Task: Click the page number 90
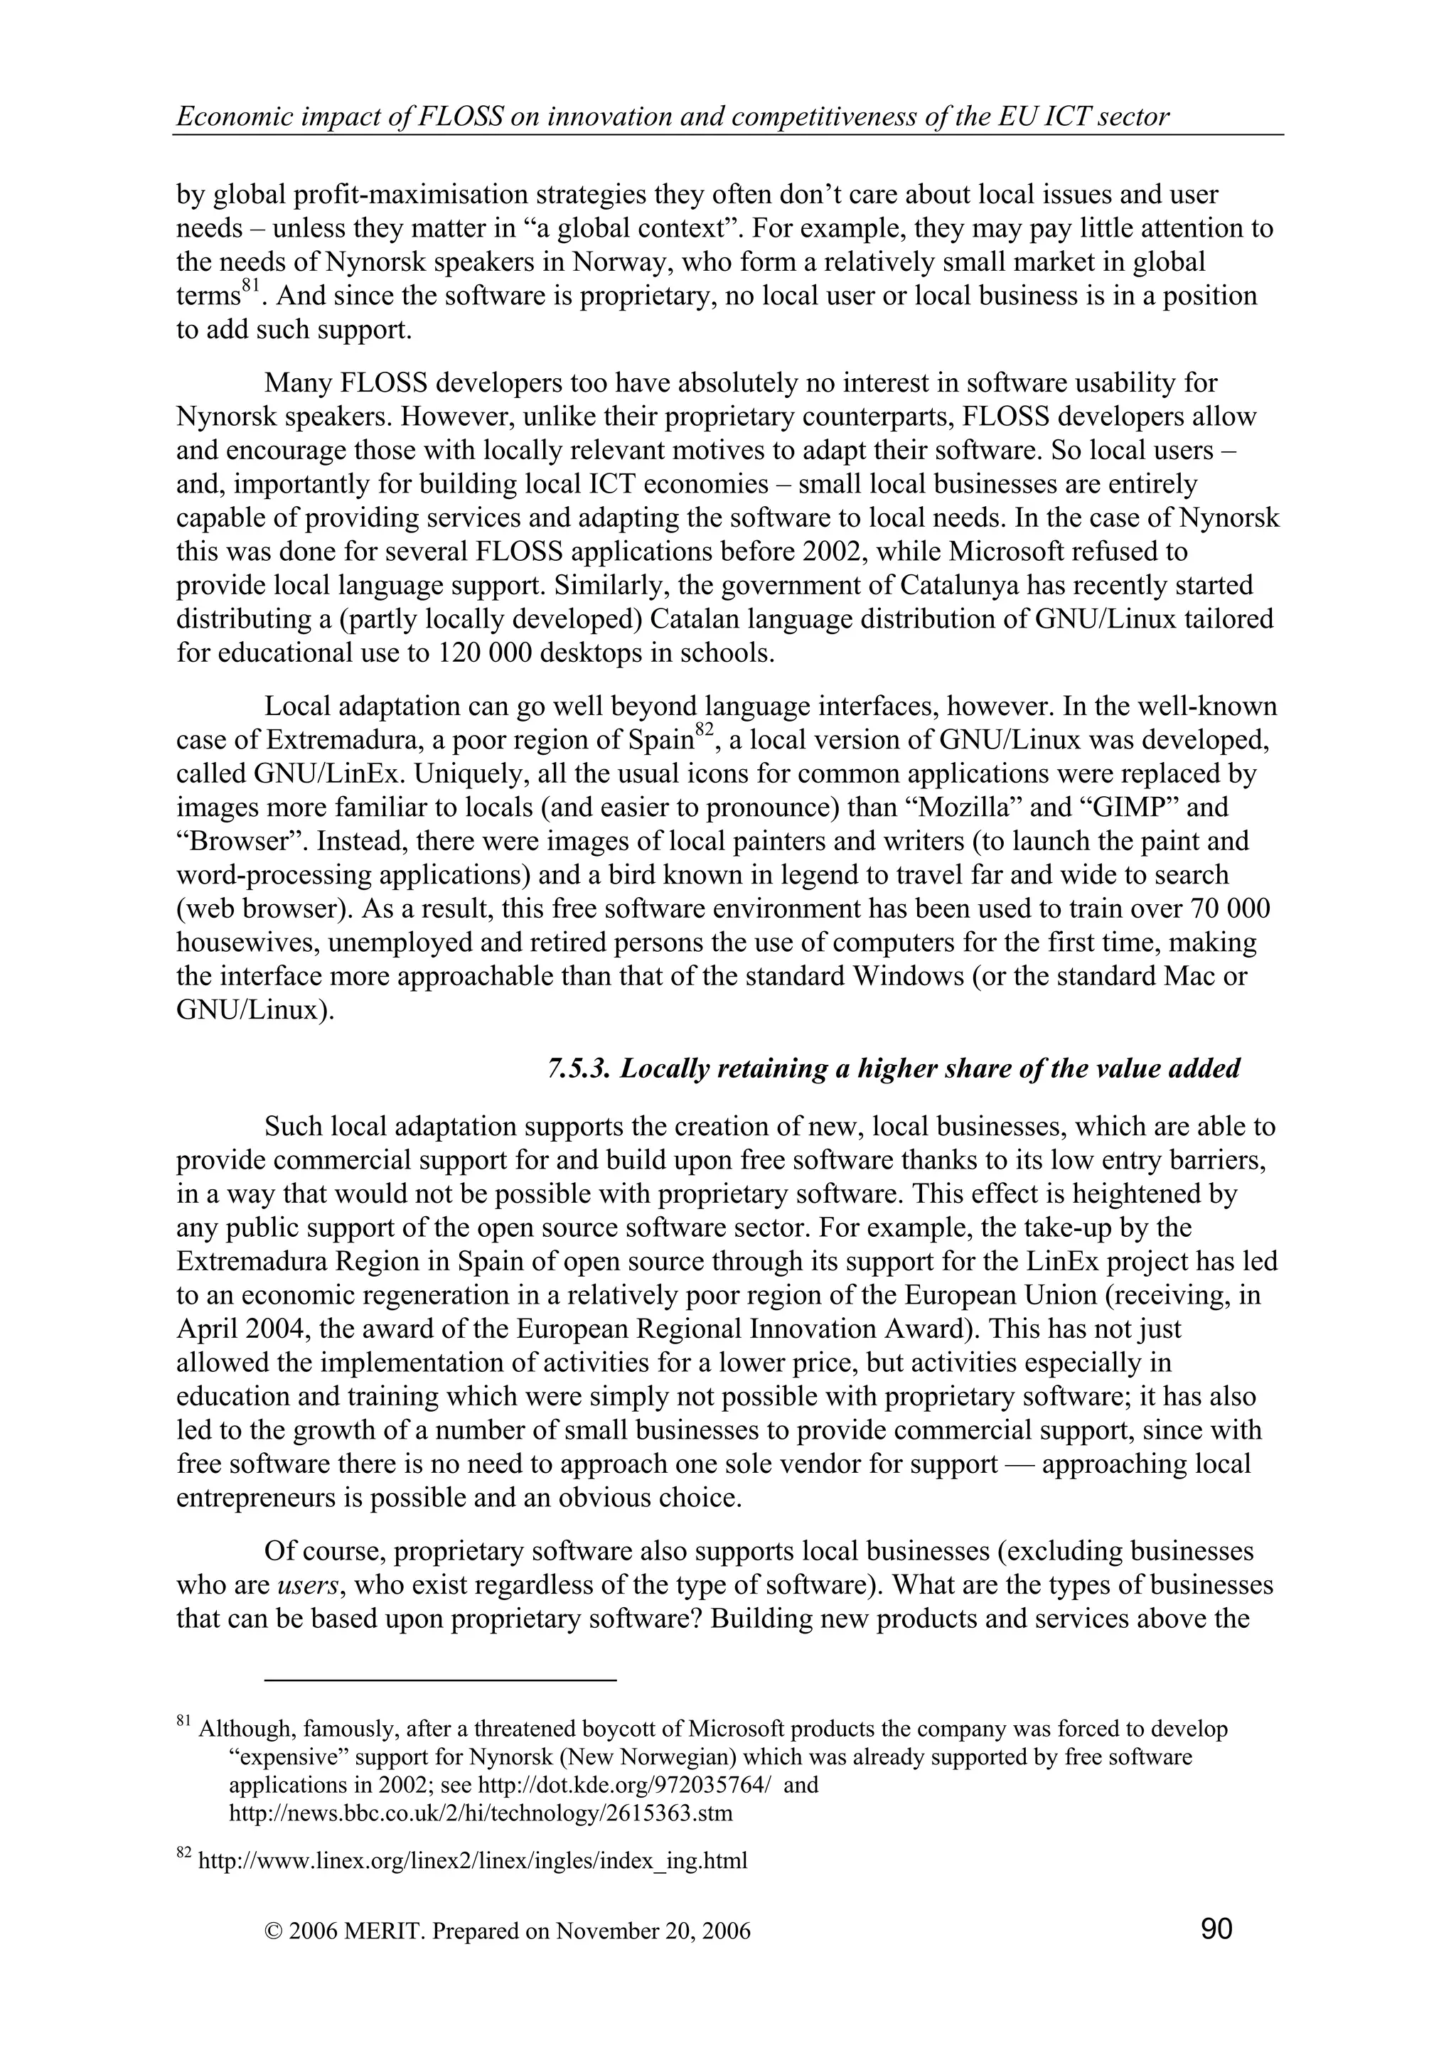[x=1216, y=1927]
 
